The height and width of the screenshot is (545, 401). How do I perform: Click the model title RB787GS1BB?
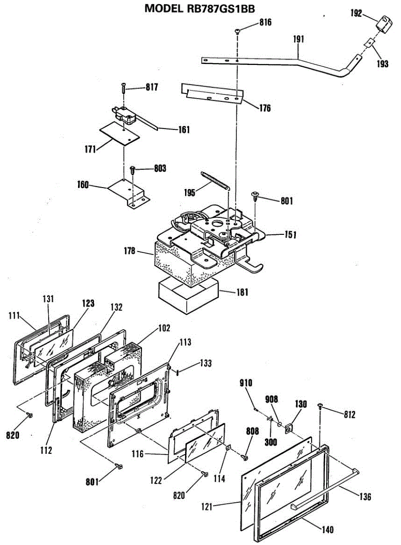point(200,9)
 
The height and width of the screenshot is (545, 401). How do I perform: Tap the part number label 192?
point(356,13)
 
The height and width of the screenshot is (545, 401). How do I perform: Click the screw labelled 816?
point(237,31)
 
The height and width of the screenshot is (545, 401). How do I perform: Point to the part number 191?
point(298,39)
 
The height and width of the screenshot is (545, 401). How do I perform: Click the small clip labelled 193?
point(369,43)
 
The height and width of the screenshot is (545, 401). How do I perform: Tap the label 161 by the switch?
point(184,129)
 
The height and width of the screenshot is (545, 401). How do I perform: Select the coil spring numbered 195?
point(215,181)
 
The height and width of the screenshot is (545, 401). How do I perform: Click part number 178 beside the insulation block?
point(130,251)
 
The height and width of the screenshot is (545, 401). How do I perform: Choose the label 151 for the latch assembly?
point(291,235)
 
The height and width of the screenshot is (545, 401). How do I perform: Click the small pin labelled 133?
point(178,372)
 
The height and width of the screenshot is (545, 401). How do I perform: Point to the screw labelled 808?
point(245,457)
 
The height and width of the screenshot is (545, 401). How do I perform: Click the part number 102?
point(165,328)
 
